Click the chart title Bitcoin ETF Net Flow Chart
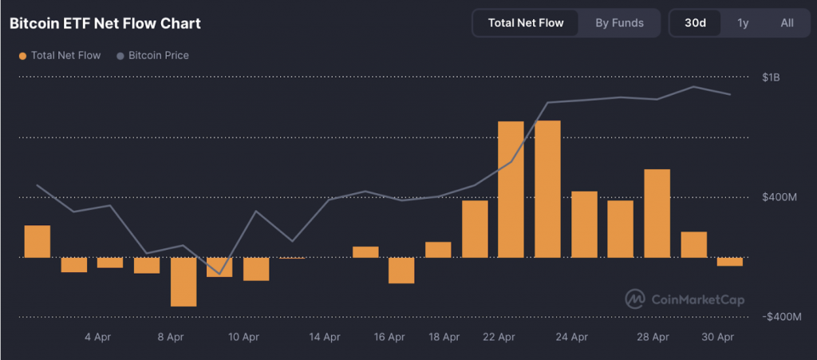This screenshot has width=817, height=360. (x=105, y=23)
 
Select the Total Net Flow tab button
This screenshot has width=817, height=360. (x=526, y=22)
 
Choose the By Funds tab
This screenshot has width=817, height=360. (x=619, y=22)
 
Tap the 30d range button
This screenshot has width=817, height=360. (x=695, y=22)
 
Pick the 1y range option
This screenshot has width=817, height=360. (x=743, y=22)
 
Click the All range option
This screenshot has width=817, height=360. (x=787, y=22)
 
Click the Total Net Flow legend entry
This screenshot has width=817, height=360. (x=60, y=56)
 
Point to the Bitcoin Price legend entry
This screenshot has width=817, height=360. (x=152, y=56)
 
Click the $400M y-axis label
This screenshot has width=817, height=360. (x=780, y=197)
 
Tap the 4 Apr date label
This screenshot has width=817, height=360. (x=97, y=338)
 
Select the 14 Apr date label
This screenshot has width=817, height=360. (x=326, y=338)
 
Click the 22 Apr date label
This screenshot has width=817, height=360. (x=499, y=338)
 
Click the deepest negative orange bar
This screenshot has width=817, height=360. (x=184, y=281)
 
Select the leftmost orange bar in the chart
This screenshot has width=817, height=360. (x=37, y=241)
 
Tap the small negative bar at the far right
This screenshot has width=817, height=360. (x=729, y=262)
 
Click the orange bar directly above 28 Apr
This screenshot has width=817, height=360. (x=657, y=213)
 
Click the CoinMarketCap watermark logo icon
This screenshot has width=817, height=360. (x=635, y=299)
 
